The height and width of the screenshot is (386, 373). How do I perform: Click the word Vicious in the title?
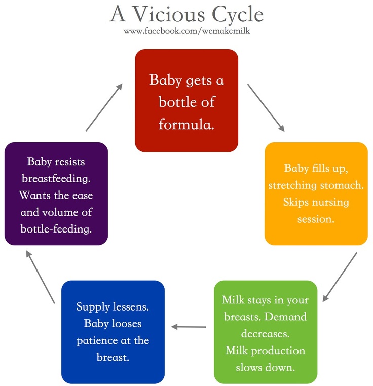[x=169, y=14]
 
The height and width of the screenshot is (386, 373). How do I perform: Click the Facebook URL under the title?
[x=186, y=31]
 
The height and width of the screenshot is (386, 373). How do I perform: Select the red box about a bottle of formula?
[x=186, y=100]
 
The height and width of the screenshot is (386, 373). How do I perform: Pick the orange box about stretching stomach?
[x=316, y=194]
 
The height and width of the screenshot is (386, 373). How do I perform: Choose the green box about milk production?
[x=266, y=332]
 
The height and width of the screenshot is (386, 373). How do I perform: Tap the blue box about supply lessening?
[x=113, y=332]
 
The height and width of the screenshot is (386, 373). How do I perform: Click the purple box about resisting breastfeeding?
[x=56, y=194]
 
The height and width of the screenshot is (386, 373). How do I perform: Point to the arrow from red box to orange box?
[x=266, y=107]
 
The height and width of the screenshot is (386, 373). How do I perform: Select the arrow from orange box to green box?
[x=340, y=277]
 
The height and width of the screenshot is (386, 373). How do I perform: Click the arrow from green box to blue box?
[x=189, y=327]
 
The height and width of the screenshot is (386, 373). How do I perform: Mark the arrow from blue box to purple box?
[x=41, y=277]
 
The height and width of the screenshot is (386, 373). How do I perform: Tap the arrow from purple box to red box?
[x=104, y=107]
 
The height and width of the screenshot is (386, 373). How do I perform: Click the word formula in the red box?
[x=186, y=124]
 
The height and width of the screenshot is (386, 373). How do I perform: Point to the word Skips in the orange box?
[x=296, y=202]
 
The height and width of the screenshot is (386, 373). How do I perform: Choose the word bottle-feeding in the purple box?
[x=56, y=229]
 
